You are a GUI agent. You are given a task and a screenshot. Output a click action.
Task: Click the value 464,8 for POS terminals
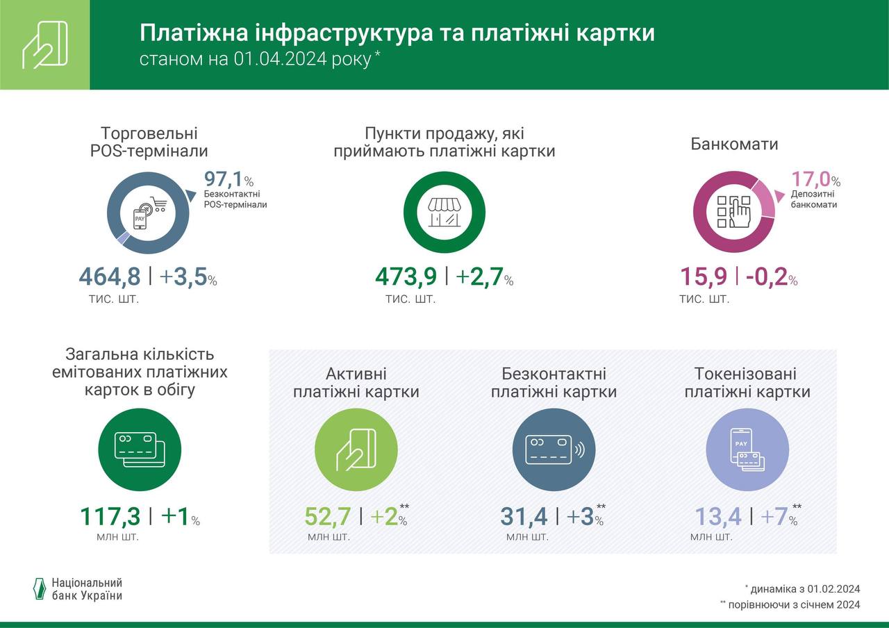coord(109,276)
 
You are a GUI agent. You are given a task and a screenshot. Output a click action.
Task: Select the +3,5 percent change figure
coord(184,276)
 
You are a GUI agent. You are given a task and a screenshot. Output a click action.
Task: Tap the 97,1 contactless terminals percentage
coord(224,180)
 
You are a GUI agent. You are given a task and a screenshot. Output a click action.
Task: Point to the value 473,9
coord(406,276)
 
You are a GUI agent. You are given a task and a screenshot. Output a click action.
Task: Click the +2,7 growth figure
coord(480,276)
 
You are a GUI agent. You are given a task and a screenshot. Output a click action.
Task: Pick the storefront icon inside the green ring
coord(444,211)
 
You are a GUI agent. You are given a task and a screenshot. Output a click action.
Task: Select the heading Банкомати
coord(734,144)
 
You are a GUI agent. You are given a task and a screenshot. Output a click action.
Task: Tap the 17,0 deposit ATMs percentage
coord(811,179)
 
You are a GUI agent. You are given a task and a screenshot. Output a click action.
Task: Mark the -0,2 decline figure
coord(767,276)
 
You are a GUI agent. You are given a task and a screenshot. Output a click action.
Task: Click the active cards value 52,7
coord(329,517)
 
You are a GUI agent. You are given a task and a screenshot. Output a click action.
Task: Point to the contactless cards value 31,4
coord(524,517)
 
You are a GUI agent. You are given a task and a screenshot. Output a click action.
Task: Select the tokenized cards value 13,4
coord(719,517)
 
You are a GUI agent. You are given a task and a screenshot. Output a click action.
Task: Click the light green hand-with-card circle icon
coord(356,449)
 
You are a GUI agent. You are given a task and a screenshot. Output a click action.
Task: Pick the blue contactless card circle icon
coord(554,449)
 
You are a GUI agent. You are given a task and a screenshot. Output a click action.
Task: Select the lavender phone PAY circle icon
coord(747,449)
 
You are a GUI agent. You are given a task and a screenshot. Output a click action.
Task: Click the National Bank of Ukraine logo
coord(78,589)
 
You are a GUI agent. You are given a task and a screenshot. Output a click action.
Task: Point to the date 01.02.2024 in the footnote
coord(833,589)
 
